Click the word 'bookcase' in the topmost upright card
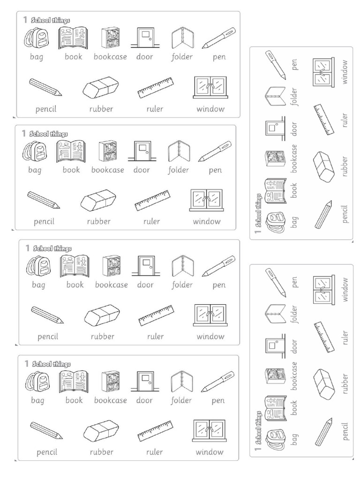110,57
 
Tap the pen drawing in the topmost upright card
219,38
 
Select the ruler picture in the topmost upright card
156,88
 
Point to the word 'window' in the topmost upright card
210,109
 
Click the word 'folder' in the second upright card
179,170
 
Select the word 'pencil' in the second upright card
44,221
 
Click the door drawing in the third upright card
146,266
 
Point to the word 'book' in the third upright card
75,285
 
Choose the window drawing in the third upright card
210,315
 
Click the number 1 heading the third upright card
28,247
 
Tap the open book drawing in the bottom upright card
74,382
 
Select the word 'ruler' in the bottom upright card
154,452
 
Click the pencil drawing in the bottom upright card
46,430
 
